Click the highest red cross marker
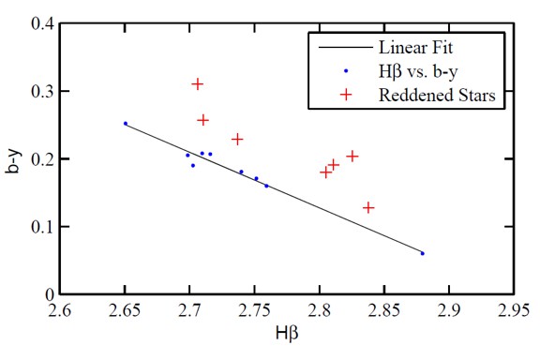point(198,84)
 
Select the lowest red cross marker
point(368,207)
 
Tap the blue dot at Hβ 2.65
point(125,124)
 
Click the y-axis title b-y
point(12,159)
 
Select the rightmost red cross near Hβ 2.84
point(368,207)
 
